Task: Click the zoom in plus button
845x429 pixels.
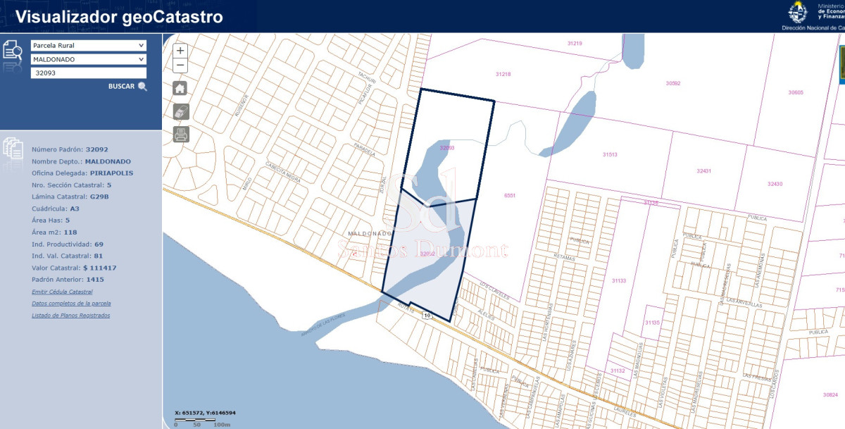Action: point(180,51)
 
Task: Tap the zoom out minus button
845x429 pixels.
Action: point(180,66)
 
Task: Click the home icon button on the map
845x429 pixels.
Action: point(181,88)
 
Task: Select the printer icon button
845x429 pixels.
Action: point(181,134)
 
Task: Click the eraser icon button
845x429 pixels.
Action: point(181,111)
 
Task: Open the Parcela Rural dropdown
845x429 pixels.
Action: point(88,45)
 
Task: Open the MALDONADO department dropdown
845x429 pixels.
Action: point(88,59)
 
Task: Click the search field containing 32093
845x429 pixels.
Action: point(88,73)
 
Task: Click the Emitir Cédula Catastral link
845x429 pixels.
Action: point(62,292)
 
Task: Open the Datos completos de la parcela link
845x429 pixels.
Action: point(71,304)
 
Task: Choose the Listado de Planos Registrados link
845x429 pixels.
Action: point(70,316)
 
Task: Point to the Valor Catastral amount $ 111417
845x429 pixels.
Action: point(99,268)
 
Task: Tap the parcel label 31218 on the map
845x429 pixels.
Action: point(503,74)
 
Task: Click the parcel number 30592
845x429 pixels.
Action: point(673,83)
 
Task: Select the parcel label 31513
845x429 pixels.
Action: point(610,154)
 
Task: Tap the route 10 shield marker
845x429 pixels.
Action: point(427,316)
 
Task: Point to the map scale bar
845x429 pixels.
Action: point(203,421)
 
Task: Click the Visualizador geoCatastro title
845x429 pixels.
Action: point(119,17)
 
